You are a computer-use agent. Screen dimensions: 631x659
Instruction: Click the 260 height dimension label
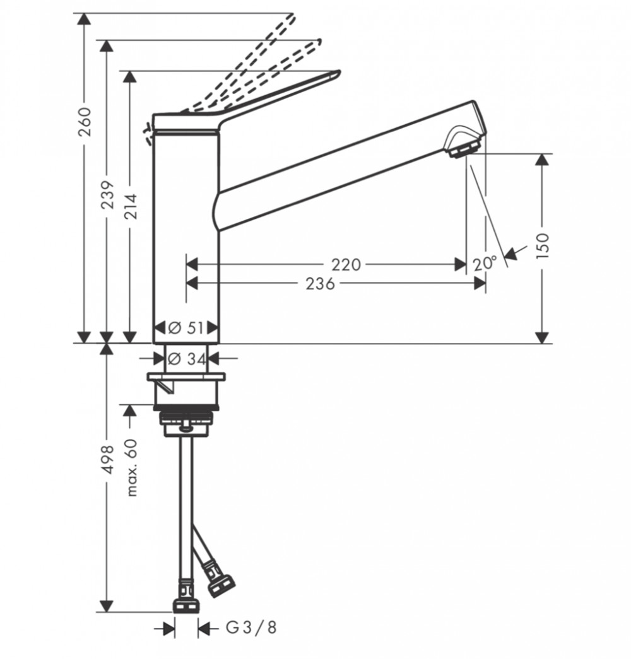(x=85, y=122)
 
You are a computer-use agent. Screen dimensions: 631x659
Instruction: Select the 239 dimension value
(x=108, y=195)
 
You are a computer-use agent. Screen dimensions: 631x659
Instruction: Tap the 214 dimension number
(x=131, y=206)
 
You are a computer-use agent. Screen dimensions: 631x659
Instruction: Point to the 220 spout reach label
(x=346, y=265)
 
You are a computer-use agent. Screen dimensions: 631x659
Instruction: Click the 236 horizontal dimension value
(x=320, y=284)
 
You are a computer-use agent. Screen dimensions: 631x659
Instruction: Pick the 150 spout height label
(x=543, y=246)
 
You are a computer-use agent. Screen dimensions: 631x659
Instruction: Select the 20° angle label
(x=485, y=264)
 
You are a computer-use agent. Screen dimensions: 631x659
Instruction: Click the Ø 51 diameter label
(x=186, y=327)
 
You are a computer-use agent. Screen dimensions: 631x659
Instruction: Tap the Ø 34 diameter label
(x=187, y=359)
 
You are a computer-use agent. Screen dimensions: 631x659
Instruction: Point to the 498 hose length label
(x=108, y=460)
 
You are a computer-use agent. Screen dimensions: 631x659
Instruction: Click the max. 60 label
(x=132, y=467)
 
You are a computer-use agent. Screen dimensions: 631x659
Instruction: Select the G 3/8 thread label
(x=252, y=627)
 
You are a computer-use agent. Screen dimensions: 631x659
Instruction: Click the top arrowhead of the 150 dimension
(x=543, y=160)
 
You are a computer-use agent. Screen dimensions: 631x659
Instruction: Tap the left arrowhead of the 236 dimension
(x=192, y=284)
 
